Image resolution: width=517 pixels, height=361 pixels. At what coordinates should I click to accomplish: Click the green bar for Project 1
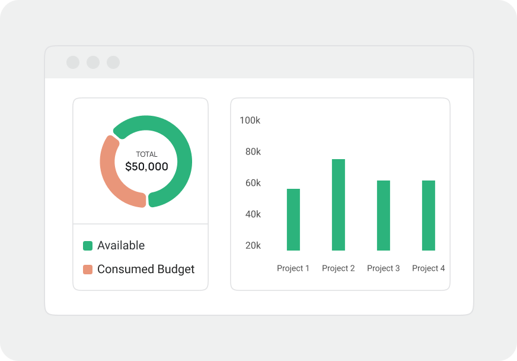click(293, 220)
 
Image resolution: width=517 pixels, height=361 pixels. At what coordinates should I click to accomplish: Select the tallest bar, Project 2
click(339, 205)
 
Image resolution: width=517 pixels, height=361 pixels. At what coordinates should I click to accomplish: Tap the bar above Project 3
click(384, 216)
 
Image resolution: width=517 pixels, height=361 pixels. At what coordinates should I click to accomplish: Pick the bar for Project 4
click(429, 216)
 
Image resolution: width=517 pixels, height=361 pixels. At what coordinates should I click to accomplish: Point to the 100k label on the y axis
click(250, 121)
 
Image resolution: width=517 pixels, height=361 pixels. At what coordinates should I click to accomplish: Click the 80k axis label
click(253, 152)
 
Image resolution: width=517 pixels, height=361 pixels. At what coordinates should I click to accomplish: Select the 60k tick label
click(253, 183)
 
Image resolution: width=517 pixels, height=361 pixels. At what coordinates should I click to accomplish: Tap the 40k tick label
click(253, 214)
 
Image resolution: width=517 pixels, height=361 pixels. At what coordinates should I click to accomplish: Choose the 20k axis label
click(253, 245)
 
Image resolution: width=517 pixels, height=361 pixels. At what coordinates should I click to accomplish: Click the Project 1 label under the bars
click(293, 268)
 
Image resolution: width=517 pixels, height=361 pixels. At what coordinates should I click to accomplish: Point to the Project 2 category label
click(338, 268)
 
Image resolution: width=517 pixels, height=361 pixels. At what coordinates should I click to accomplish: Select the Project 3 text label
click(383, 268)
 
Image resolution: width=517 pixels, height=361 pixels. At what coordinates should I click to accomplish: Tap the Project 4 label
click(428, 268)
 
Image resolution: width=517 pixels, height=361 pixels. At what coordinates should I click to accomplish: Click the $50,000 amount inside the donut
click(146, 167)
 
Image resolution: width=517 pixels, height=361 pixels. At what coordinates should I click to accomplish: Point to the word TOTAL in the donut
click(146, 154)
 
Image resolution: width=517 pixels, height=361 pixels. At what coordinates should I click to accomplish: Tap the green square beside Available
click(88, 246)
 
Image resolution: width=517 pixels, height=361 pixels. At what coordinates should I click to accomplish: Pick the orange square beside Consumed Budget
click(88, 270)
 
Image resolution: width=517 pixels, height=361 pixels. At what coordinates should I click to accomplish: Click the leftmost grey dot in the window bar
click(73, 62)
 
